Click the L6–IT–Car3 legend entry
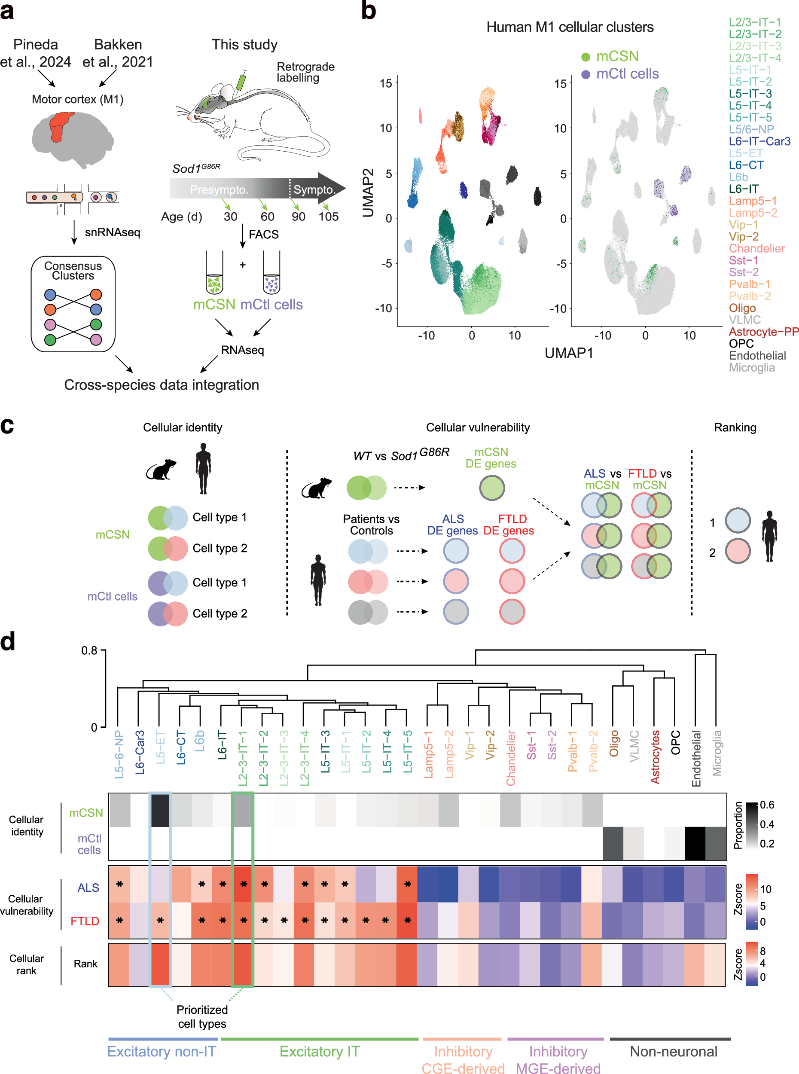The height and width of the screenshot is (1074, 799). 759,141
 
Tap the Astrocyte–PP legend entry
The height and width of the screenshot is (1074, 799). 763,332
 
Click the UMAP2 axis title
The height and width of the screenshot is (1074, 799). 368,192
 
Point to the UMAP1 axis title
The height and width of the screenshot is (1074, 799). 568,353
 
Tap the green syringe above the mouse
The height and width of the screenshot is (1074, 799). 241,80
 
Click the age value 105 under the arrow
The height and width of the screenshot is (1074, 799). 328,217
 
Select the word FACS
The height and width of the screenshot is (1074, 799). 264,235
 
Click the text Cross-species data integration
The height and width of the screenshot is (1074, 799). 162,385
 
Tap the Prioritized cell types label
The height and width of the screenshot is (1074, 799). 202,1016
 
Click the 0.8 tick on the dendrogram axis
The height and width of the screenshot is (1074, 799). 89,650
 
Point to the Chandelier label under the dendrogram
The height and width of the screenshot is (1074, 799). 511,757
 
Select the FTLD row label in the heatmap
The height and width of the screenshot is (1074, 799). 85,921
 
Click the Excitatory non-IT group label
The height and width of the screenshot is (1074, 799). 162,1051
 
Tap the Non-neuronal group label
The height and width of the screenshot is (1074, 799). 673,1051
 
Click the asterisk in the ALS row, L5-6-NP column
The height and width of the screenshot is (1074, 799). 119,885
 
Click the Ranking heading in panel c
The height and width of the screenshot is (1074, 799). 735,427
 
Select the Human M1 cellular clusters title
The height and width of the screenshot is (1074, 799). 570,27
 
